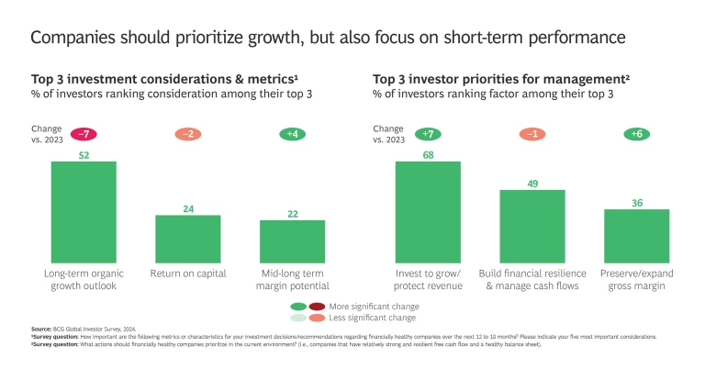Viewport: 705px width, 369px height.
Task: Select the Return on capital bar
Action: click(x=188, y=240)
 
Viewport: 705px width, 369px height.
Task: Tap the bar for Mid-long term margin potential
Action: click(x=292, y=242)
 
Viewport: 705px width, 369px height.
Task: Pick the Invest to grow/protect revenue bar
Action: click(x=428, y=213)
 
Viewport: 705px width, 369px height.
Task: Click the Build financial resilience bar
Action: click(x=532, y=227)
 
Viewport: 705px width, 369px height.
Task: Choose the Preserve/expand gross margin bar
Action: click(x=636, y=237)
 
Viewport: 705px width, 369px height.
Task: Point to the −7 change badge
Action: click(x=84, y=134)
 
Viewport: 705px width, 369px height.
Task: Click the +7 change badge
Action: click(x=428, y=134)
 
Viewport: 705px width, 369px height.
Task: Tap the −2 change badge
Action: click(x=188, y=134)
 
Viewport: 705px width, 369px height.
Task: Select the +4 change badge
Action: click(x=292, y=134)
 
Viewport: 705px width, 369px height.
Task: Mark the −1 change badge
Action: click(x=532, y=134)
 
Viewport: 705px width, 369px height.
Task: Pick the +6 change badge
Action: click(x=636, y=134)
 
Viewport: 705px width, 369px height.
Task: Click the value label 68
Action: click(x=428, y=154)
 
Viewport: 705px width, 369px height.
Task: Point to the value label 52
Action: click(x=84, y=155)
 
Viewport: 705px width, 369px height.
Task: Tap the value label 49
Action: click(x=532, y=183)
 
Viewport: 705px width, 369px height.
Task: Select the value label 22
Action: click(x=292, y=213)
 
